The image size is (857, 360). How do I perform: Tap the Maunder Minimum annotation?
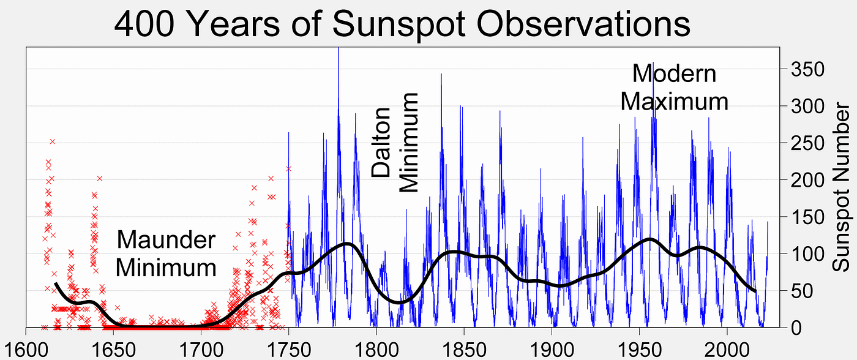[x=166, y=253]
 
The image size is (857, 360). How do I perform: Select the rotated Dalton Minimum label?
[x=395, y=143]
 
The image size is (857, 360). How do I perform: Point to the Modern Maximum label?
[x=674, y=87]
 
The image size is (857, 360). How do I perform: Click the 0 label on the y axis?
[x=790, y=328]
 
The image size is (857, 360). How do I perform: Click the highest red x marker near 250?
[x=53, y=141]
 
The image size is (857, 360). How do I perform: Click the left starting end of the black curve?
[x=56, y=283]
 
